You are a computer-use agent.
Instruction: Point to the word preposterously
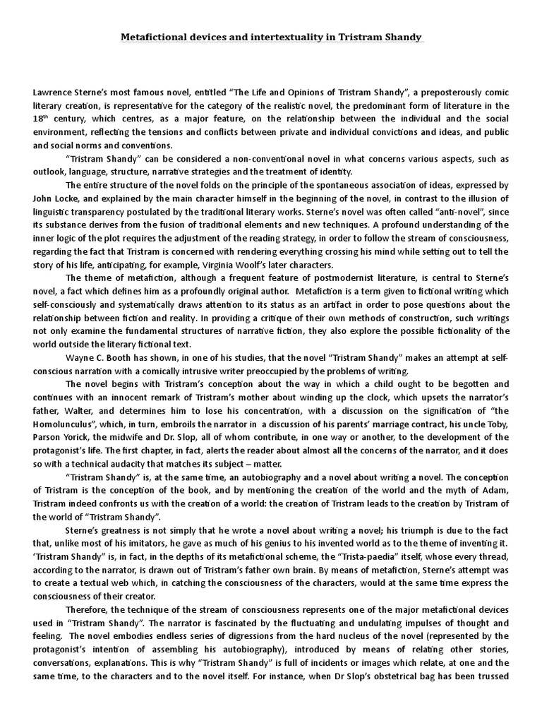(445, 93)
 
